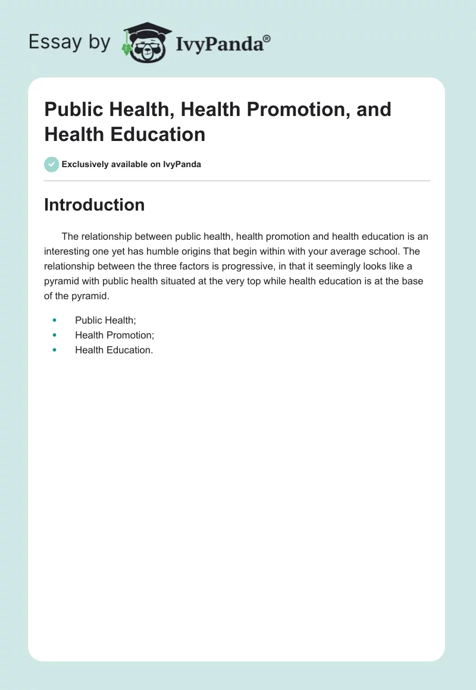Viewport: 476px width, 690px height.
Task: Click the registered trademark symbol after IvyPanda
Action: pyautogui.click(x=267, y=39)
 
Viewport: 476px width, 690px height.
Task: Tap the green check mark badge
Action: pyautogui.click(x=52, y=164)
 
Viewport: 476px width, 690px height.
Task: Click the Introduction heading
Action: pyautogui.click(x=94, y=205)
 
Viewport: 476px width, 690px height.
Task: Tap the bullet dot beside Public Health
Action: pyautogui.click(x=54, y=320)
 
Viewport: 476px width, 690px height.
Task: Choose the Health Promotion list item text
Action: pyautogui.click(x=114, y=335)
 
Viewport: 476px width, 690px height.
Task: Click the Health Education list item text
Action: pyautogui.click(x=114, y=350)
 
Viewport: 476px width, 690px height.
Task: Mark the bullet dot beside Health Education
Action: pyautogui.click(x=54, y=350)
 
